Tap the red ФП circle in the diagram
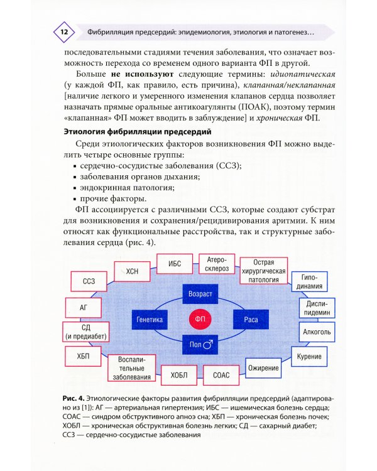[x=200, y=320]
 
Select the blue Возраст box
[x=200, y=294]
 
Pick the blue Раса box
[x=246, y=320]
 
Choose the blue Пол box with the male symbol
[x=200, y=345]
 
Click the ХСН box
[x=132, y=271]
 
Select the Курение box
[x=309, y=357]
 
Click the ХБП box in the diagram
[x=83, y=356]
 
